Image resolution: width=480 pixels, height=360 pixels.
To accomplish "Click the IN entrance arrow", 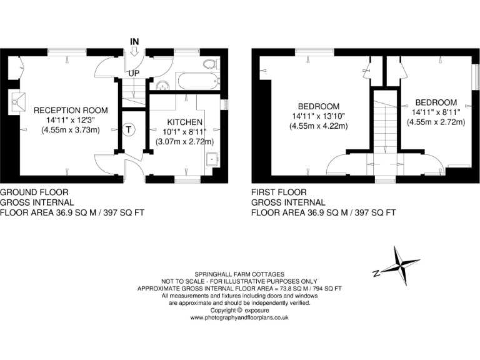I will tap(133, 52).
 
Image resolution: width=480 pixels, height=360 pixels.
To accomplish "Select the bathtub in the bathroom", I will tap(197, 81).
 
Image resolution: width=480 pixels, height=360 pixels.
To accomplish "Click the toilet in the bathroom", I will tap(210, 64).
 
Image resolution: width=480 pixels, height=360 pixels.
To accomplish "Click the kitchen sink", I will tap(213, 159).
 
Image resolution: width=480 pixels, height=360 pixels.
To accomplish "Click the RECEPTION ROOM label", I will tap(71, 111).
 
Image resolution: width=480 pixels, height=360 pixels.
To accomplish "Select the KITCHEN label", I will tap(185, 122).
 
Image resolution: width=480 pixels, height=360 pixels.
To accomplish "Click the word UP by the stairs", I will tap(133, 74).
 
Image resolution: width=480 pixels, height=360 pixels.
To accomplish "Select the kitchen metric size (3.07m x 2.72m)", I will tap(185, 142).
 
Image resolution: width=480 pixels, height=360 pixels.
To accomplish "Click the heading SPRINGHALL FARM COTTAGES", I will tap(239, 274).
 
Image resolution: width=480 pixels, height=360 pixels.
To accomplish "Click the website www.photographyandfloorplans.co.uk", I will tap(239, 317).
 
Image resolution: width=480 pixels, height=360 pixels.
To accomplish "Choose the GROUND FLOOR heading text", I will tap(34, 192).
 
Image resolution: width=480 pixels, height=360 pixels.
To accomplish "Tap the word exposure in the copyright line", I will tap(257, 310).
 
